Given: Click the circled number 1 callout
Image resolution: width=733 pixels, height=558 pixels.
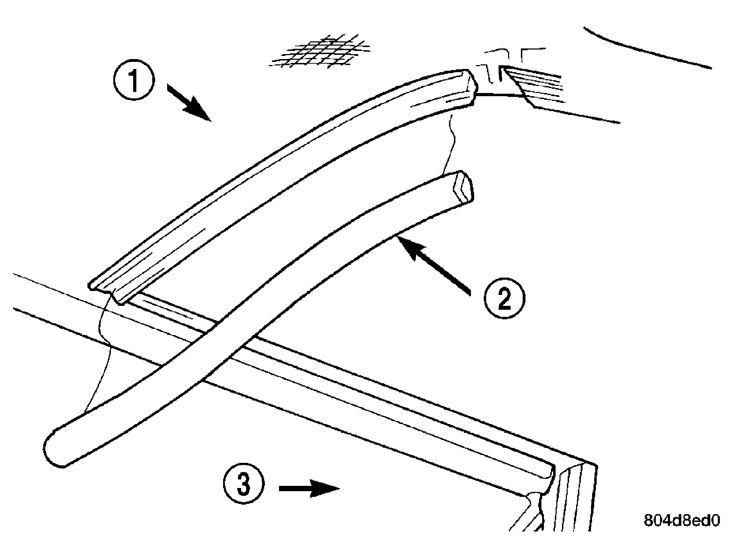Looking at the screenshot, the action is click(134, 81).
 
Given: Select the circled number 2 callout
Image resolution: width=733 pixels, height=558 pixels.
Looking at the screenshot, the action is click(504, 299).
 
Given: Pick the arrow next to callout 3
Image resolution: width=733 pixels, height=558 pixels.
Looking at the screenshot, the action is click(309, 488).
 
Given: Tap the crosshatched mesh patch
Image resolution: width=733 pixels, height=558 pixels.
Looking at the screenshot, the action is click(319, 51).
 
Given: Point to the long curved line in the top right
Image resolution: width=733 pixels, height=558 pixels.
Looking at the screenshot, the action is click(644, 50).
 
